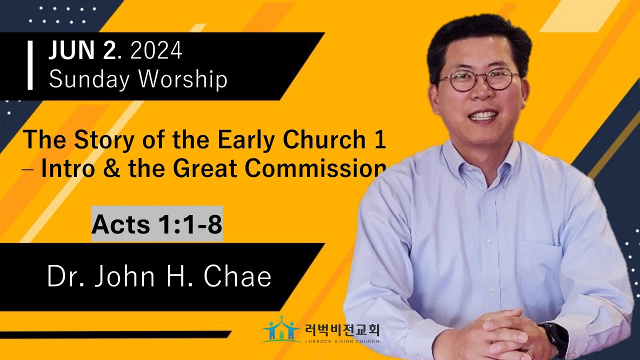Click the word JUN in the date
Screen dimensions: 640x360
point(71,50)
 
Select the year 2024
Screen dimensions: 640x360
point(156,50)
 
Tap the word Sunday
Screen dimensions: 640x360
point(89,79)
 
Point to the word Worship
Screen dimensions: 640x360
point(183,79)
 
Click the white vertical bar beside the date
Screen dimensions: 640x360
point(29,65)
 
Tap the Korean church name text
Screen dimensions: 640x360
point(342,330)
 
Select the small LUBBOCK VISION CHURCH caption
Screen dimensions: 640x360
point(342,341)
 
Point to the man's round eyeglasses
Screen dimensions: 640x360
point(479,80)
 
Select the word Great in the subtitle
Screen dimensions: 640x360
point(205,168)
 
